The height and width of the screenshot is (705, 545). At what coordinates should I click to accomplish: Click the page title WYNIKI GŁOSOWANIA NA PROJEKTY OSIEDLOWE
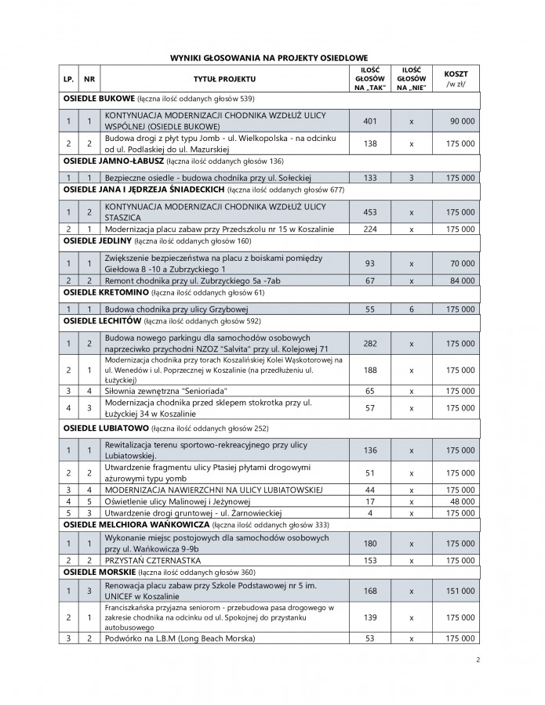[x=271, y=58]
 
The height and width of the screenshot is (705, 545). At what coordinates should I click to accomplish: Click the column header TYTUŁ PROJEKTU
[x=224, y=79]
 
